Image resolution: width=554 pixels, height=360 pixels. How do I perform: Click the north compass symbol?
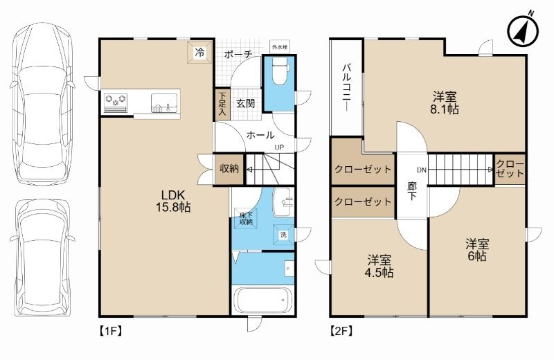[523, 29]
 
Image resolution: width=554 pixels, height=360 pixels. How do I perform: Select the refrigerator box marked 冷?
[199, 53]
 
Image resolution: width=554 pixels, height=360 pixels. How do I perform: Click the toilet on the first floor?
[280, 73]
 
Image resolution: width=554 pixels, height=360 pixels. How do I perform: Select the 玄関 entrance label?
[245, 104]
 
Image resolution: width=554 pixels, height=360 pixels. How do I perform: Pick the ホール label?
[260, 135]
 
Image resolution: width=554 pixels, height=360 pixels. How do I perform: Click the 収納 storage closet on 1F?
[229, 169]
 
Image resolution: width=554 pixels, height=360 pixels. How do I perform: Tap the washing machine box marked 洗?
[283, 234]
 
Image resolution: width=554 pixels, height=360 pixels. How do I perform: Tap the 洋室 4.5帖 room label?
[379, 267]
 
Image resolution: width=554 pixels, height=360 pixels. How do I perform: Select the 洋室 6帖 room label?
[477, 250]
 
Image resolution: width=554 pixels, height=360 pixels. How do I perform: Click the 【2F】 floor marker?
[341, 330]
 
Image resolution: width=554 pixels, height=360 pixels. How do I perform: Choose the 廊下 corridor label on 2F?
[411, 191]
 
